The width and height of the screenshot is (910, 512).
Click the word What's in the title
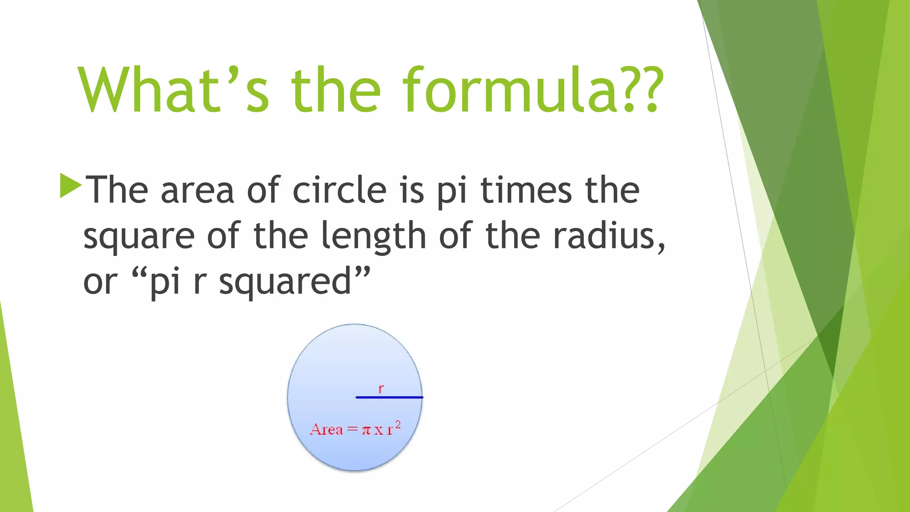pyautogui.click(x=174, y=90)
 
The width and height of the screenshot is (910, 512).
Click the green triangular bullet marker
pyautogui.click(x=71, y=185)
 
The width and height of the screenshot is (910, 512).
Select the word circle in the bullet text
pyautogui.click(x=339, y=190)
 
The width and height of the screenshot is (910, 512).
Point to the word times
pyautogui.click(x=526, y=190)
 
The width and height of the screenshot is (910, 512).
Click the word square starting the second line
pyautogui.click(x=139, y=236)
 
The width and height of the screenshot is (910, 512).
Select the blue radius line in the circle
pyautogui.click(x=389, y=397)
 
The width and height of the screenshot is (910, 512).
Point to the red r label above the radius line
pyautogui.click(x=381, y=388)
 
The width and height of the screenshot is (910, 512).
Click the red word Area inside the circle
pyautogui.click(x=327, y=429)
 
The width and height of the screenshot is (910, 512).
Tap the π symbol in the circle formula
pyautogui.click(x=366, y=430)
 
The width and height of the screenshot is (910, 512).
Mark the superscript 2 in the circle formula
pyautogui.click(x=398, y=424)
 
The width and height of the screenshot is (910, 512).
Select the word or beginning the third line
pyautogui.click(x=100, y=283)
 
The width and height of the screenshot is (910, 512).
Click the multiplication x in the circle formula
pyautogui.click(x=379, y=430)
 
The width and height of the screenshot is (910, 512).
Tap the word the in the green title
pyautogui.click(x=336, y=90)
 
